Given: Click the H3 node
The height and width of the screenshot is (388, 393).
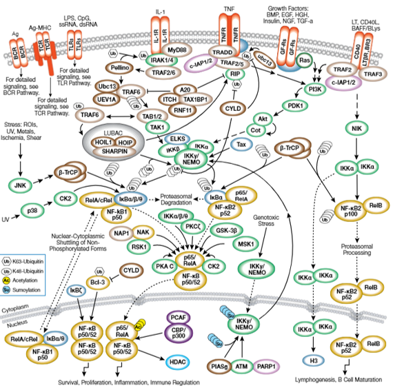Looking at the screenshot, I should coord(314,360).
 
